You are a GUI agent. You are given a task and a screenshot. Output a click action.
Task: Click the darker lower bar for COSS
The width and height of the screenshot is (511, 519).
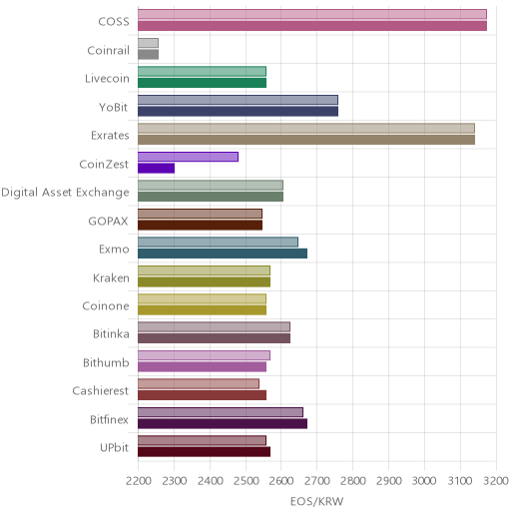click(312, 26)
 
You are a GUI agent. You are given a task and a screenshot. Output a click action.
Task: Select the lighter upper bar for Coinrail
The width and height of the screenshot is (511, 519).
click(148, 43)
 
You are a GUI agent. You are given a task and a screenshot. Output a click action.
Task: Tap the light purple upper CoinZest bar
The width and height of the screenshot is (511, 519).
click(188, 157)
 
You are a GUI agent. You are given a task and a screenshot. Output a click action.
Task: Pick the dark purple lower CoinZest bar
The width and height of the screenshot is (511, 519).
click(156, 169)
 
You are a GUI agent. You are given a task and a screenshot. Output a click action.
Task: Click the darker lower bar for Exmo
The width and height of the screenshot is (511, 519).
click(223, 254)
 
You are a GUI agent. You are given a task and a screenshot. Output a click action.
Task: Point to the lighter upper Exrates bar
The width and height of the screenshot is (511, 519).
click(306, 128)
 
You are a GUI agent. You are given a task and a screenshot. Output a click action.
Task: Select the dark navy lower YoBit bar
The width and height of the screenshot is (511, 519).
click(238, 111)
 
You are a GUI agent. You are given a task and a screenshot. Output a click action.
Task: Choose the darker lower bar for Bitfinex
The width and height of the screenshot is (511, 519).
click(223, 424)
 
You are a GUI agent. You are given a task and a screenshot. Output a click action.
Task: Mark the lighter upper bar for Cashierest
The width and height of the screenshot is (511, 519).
click(199, 383)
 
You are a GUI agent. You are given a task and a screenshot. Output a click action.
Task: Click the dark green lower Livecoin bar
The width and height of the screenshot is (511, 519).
click(202, 83)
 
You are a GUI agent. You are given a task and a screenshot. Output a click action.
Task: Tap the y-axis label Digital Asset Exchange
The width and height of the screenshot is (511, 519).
click(65, 193)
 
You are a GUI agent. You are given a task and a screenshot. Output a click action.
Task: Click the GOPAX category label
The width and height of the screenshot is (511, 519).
click(108, 221)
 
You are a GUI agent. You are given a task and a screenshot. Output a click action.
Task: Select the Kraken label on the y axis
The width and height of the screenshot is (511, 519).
click(111, 277)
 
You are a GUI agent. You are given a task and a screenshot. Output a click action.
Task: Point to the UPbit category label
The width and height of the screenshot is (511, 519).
click(114, 448)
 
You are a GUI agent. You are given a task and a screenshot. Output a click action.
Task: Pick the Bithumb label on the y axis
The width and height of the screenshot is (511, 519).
click(106, 362)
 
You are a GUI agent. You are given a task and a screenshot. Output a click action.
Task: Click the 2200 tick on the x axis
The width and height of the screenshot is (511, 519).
click(138, 481)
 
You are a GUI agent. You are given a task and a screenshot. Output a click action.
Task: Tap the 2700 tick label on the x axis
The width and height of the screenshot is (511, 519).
click(317, 481)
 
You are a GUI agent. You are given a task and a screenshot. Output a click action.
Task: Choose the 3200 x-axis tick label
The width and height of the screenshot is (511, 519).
click(496, 481)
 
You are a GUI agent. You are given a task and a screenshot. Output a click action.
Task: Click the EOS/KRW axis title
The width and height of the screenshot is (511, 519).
click(316, 501)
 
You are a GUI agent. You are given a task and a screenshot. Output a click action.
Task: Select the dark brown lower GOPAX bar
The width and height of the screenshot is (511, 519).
click(200, 226)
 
